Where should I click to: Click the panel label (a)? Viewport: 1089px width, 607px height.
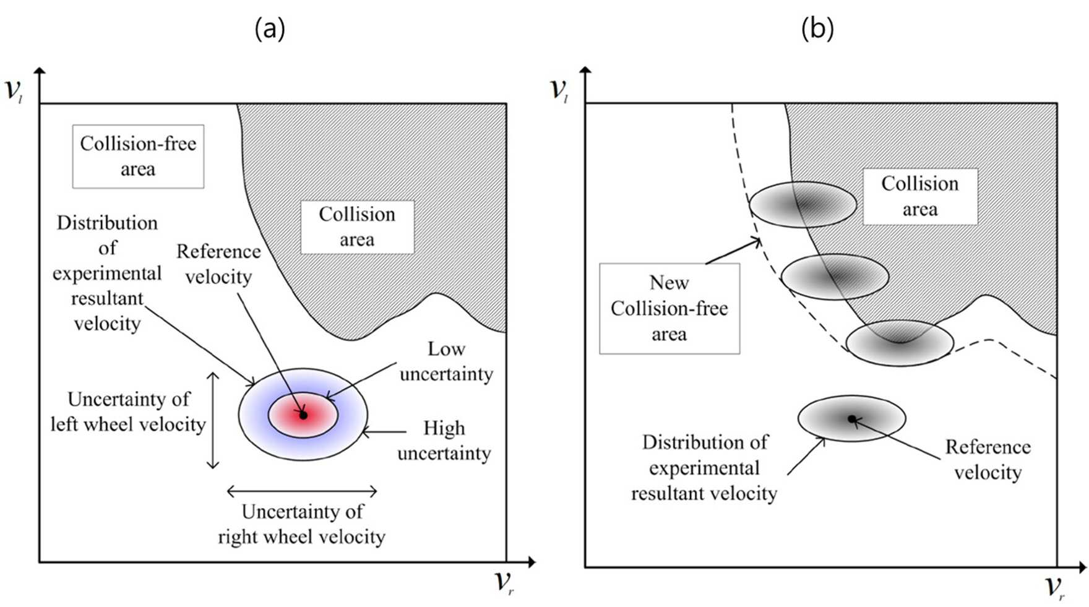(x=270, y=28)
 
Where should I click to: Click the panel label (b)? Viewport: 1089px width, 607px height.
(x=817, y=28)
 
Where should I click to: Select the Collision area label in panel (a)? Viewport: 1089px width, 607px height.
(x=357, y=227)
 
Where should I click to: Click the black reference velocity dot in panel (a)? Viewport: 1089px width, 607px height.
(x=303, y=415)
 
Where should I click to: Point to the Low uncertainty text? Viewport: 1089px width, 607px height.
(x=446, y=361)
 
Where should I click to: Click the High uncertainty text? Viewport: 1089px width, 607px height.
(x=444, y=441)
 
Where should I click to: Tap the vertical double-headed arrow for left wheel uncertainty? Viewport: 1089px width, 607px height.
(x=213, y=420)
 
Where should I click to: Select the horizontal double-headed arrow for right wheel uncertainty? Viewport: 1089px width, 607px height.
(x=302, y=492)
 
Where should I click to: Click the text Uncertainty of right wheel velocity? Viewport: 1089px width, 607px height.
(x=302, y=524)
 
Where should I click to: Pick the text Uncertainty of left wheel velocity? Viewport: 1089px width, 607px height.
(x=128, y=411)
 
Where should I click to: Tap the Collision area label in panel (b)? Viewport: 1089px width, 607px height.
(x=920, y=196)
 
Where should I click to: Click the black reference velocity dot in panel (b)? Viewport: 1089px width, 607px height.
(x=851, y=419)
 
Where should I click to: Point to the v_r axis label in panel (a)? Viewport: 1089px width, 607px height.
(x=504, y=582)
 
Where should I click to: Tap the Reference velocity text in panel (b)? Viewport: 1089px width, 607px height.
(x=988, y=460)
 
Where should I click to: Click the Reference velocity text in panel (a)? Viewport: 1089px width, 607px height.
(x=218, y=264)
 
